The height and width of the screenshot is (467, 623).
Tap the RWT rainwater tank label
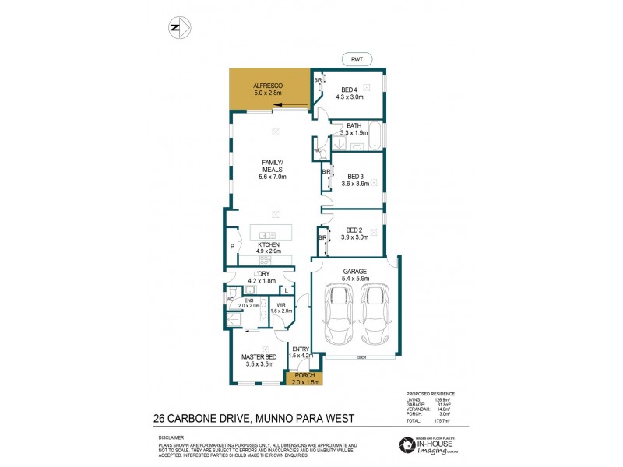357,58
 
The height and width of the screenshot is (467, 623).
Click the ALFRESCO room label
268,89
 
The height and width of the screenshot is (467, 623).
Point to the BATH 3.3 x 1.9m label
354,129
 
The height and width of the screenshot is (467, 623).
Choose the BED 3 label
354,180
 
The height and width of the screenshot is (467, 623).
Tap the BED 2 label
354,234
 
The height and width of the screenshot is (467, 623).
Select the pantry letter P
232,248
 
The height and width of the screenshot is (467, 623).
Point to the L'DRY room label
262,276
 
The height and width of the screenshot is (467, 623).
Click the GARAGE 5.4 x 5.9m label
356,274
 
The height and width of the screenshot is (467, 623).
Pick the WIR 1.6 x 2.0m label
283,307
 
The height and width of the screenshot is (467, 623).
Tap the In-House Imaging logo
432,445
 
